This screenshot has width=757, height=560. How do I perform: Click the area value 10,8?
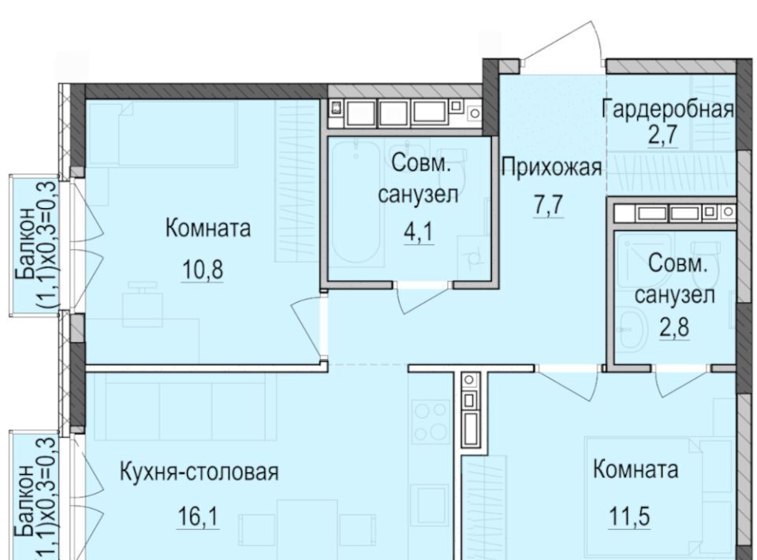pyautogui.click(x=203, y=270)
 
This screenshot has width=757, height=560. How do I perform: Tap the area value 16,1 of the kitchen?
pyautogui.click(x=198, y=517)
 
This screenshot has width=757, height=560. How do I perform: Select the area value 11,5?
pyautogui.click(x=629, y=517)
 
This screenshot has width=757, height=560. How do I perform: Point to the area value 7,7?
pyautogui.click(x=549, y=205)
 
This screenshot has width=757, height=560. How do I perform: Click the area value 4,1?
pyautogui.click(x=419, y=232)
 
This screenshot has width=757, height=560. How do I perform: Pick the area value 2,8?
pyautogui.click(x=674, y=327)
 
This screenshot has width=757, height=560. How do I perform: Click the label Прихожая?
pyautogui.click(x=552, y=169)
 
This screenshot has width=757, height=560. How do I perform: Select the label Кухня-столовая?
pyautogui.click(x=199, y=472)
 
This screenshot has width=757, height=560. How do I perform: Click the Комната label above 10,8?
pyautogui.click(x=208, y=228)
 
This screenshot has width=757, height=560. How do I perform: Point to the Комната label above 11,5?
pyautogui.click(x=636, y=469)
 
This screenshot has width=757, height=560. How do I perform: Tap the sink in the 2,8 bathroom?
pyautogui.click(x=632, y=330)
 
